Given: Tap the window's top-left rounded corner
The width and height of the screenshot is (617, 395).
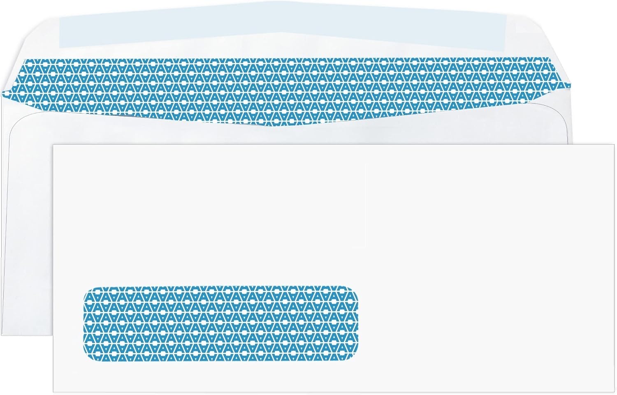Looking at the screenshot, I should pyautogui.click(x=88, y=290).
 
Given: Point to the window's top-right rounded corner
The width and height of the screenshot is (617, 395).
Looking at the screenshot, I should pyautogui.click(x=354, y=290).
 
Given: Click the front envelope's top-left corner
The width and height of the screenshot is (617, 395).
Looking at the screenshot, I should pyautogui.click(x=53, y=145).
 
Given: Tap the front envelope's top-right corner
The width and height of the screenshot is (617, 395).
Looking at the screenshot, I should pyautogui.click(x=614, y=145).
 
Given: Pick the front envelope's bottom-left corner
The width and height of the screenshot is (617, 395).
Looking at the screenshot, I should pyautogui.click(x=53, y=392).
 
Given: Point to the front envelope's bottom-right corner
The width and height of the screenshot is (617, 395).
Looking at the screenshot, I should pyautogui.click(x=614, y=392).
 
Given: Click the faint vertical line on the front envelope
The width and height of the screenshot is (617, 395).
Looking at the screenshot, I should pyautogui.click(x=365, y=206).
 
